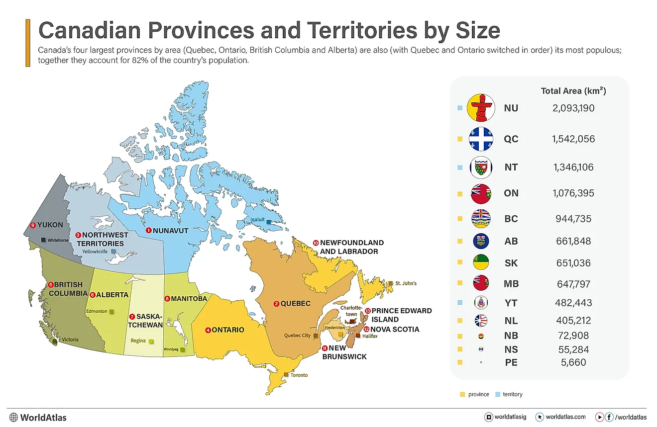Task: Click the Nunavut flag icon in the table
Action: point(481,108)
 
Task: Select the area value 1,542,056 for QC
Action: point(573,139)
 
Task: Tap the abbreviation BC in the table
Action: point(511,219)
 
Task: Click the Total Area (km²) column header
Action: point(573,91)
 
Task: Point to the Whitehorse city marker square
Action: point(43,240)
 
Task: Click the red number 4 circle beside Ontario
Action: point(208,330)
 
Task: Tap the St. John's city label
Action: point(406,283)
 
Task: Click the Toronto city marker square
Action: point(286,375)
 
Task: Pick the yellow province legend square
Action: point(462,394)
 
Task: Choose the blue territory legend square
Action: point(497,394)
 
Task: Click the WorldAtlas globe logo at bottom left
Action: point(13,418)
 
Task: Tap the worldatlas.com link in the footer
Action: point(565,417)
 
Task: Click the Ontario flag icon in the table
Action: point(481,193)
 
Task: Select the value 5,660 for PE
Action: point(572,362)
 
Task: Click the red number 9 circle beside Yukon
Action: point(33,225)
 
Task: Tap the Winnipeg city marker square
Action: point(183,350)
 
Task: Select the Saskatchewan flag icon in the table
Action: point(481,263)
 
